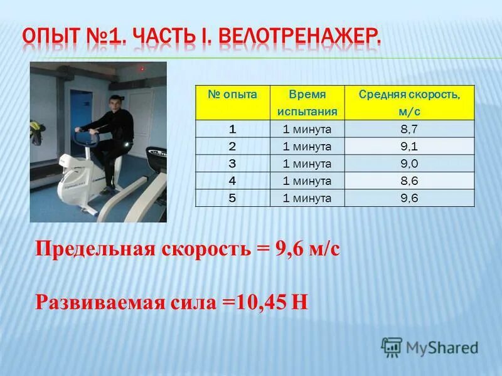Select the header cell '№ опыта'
[x=233, y=94]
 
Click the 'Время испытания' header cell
[x=307, y=103]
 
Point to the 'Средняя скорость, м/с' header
[x=409, y=103]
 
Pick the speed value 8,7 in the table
[x=409, y=130]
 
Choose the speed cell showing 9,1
[x=409, y=147]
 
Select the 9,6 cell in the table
[x=409, y=199]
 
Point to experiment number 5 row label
[x=233, y=199]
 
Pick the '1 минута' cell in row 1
[x=307, y=130]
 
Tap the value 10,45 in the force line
[x=263, y=302]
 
